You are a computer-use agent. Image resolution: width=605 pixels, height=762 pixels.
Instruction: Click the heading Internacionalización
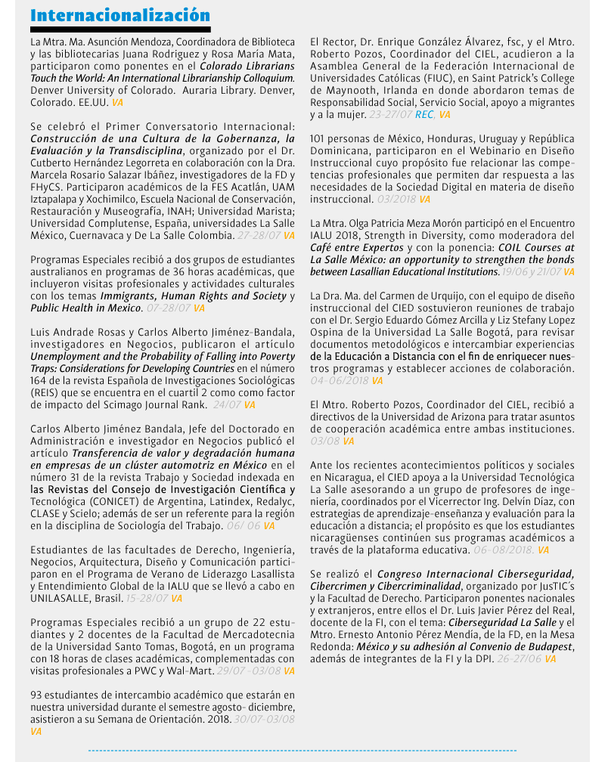[120, 16]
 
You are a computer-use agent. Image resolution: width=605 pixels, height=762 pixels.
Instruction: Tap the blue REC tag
[424, 115]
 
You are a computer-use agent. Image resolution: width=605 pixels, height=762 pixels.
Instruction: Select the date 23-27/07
[390, 115]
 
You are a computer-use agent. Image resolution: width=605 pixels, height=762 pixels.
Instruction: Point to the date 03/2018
[396, 200]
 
